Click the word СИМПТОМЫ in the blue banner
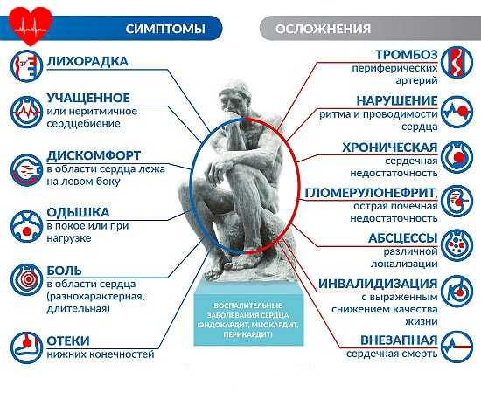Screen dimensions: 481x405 point(165,29)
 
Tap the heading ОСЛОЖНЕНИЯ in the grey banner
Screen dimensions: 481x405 point(323,29)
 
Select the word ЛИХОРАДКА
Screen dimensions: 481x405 point(87,61)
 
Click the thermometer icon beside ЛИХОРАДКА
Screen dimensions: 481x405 point(26,66)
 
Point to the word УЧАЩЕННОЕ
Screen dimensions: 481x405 point(88,98)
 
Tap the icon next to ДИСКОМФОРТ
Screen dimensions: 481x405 point(26,170)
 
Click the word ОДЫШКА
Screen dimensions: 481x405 point(78,212)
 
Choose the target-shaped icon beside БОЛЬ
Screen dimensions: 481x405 point(26,279)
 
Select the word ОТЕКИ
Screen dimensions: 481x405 point(68,340)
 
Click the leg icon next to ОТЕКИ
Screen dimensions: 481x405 point(26,347)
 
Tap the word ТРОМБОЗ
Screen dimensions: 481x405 point(407,55)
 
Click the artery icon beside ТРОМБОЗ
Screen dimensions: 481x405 point(457,62)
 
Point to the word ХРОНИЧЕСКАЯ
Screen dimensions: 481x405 point(390,148)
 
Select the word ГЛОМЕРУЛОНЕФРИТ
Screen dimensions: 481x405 point(370,193)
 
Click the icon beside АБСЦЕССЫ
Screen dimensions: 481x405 point(457,245)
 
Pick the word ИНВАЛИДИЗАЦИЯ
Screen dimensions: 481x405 point(378,284)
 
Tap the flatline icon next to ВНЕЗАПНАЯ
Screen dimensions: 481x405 point(457,347)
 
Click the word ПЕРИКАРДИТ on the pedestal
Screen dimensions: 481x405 point(247,334)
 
